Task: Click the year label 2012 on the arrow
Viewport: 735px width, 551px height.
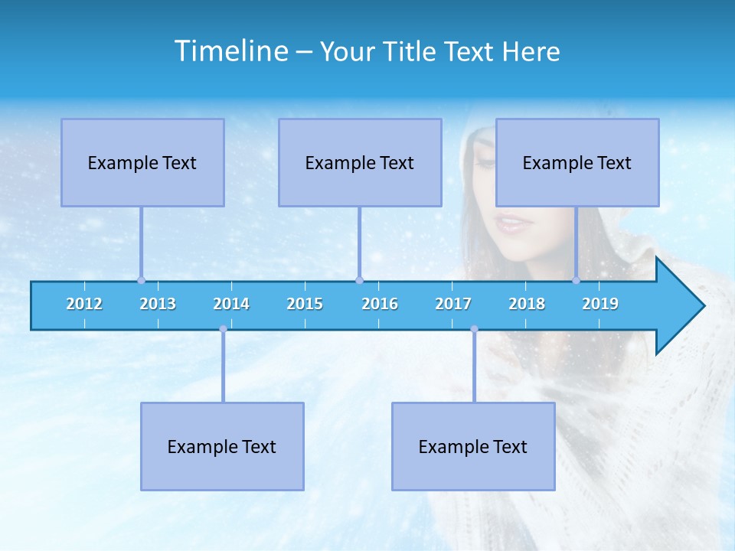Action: (x=84, y=304)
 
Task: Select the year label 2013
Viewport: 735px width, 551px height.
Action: (x=158, y=304)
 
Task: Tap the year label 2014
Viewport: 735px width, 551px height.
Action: (x=231, y=304)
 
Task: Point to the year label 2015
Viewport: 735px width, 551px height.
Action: (x=305, y=304)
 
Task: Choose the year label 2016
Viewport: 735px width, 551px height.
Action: (x=380, y=304)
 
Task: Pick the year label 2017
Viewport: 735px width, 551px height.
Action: (x=453, y=304)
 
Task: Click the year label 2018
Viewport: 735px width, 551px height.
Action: (x=527, y=304)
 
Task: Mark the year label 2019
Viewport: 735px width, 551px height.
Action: (x=600, y=304)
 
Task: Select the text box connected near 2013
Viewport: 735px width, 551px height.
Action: (x=142, y=162)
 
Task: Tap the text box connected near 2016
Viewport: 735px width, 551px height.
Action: (x=360, y=162)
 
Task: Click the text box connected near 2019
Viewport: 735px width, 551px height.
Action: (x=577, y=162)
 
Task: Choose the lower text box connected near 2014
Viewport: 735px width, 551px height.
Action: (x=222, y=446)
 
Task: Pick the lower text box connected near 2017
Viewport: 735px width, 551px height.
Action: (x=473, y=446)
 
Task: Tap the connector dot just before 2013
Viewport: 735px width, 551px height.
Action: (x=141, y=280)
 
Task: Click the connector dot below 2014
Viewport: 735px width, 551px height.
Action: (x=223, y=329)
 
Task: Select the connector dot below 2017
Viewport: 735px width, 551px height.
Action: (x=474, y=329)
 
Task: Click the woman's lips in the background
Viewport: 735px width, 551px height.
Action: (x=511, y=224)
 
